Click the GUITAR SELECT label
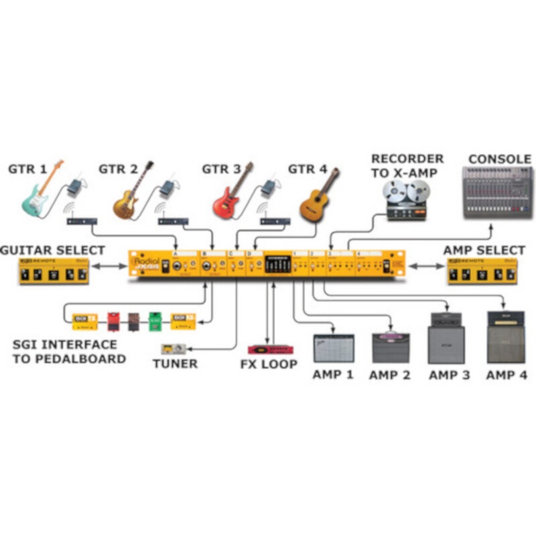tap(52, 250)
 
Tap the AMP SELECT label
tap(484, 250)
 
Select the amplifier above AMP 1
tap(333, 347)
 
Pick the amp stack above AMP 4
tap(506, 336)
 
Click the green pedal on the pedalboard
tap(155, 320)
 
